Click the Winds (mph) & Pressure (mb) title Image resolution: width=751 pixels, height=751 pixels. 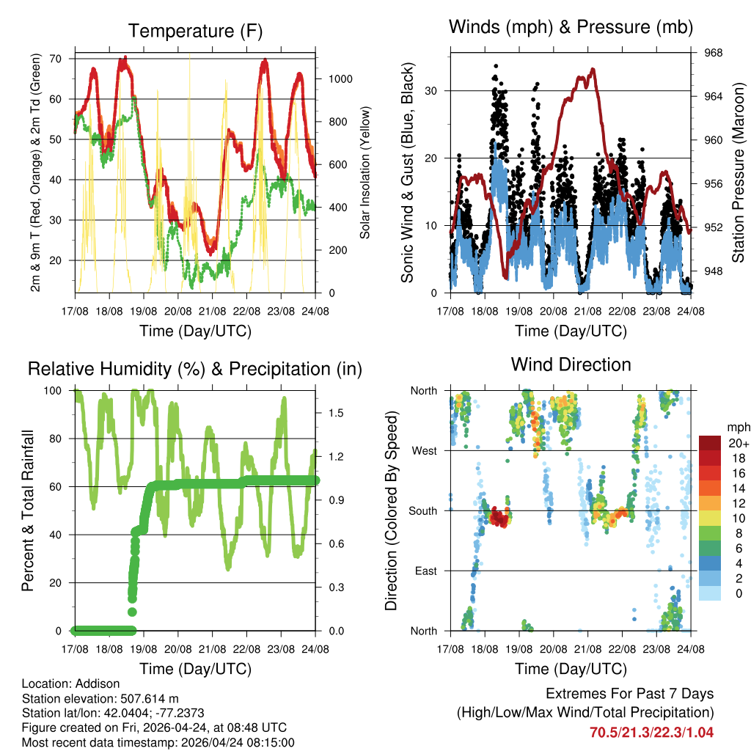(571, 28)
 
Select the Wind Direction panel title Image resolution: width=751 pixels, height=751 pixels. (571, 364)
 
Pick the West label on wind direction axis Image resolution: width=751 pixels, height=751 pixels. (425, 450)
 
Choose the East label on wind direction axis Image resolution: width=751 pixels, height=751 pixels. (426, 571)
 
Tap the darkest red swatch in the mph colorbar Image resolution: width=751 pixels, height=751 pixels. (709, 443)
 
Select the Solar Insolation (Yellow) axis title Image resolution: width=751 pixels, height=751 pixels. (364, 172)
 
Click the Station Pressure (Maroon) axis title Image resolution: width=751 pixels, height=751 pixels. (738, 172)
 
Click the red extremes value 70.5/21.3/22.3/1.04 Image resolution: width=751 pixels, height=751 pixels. (651, 732)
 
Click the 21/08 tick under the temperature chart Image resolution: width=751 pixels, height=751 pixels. (213, 310)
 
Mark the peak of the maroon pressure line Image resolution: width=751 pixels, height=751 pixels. (593, 69)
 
